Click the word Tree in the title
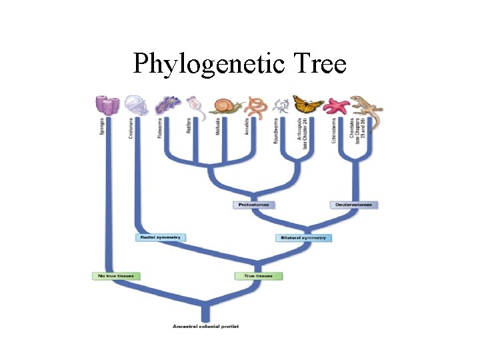click(x=318, y=65)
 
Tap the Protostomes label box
click(x=253, y=205)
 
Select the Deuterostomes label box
click(x=354, y=205)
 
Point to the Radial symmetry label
click(x=160, y=237)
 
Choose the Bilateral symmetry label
click(x=304, y=238)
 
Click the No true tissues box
click(x=116, y=276)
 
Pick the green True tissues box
click(x=259, y=276)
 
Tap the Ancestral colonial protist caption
click(x=205, y=326)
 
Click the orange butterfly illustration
click(x=308, y=105)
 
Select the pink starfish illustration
click(x=337, y=105)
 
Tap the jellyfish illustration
click(x=135, y=105)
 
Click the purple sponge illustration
click(x=106, y=105)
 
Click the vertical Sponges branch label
click(x=103, y=127)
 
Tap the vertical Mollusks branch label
click(x=218, y=127)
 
